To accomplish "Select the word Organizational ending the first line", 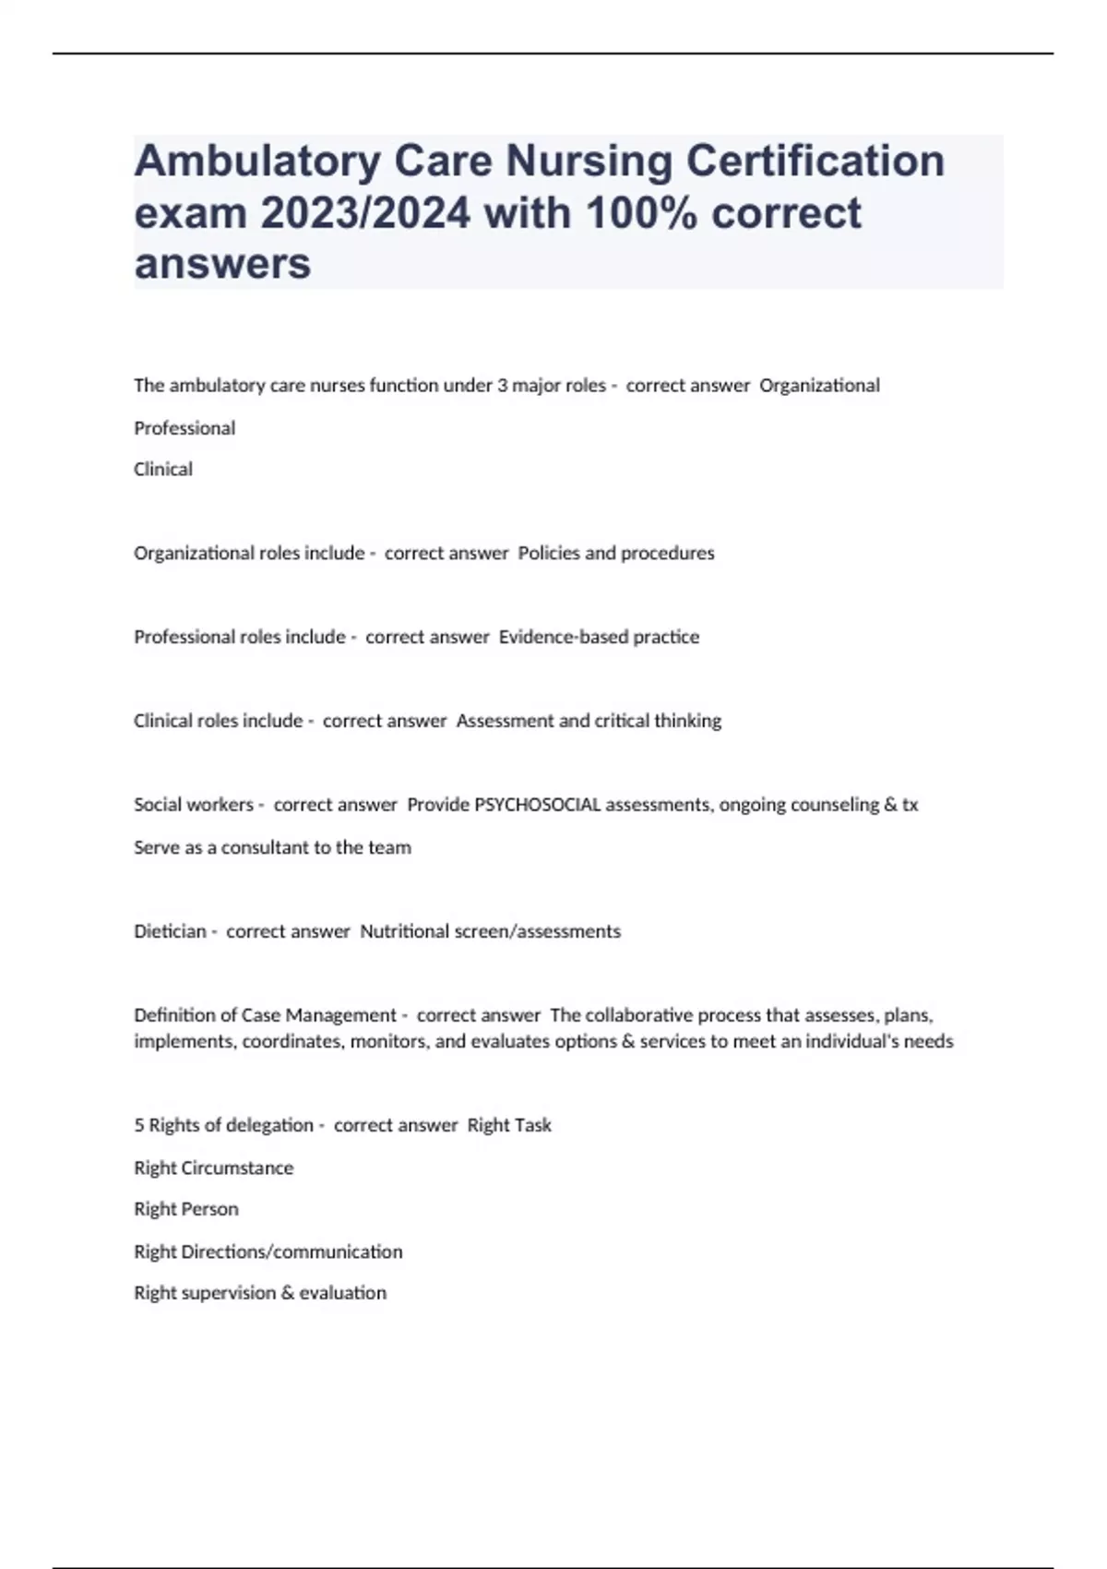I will pyautogui.click(x=819, y=386).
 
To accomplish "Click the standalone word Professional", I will pyautogui.click(x=184, y=428).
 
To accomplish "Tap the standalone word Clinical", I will pyautogui.click(x=163, y=470).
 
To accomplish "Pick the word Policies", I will pyautogui.click(x=549, y=554).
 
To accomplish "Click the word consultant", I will pyautogui.click(x=264, y=847).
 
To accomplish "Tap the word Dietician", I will pyautogui.click(x=170, y=931).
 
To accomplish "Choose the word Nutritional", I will pyautogui.click(x=404, y=931).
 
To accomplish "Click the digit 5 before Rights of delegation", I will pyautogui.click(x=139, y=1125).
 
